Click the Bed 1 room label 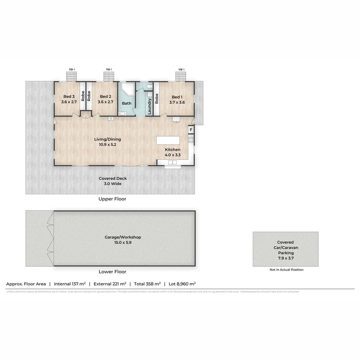tap(177, 97)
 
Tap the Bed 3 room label tap(69, 97)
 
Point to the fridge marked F tap(191, 130)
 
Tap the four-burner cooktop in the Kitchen tap(191, 140)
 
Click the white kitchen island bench tap(168, 140)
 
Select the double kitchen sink tap(172, 162)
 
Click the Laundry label tap(149, 106)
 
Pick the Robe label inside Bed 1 tap(156, 98)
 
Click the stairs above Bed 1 tap(181, 77)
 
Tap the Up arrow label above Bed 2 tap(109, 69)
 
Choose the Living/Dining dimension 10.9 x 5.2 tap(107, 145)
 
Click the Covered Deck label tap(113, 178)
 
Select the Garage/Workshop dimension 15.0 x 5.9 tap(123, 243)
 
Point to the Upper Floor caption tap(112, 199)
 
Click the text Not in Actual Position tap(286, 270)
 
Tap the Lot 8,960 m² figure tap(182, 284)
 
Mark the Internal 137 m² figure tap(70, 284)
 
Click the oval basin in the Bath tap(122, 114)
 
